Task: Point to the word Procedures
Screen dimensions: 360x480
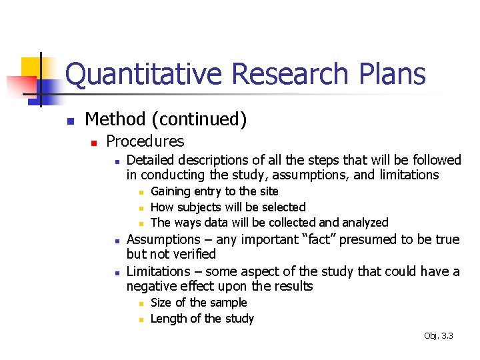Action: click(x=145, y=141)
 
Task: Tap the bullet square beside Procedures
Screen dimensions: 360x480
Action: click(x=94, y=143)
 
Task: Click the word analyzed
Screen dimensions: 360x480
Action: click(x=364, y=223)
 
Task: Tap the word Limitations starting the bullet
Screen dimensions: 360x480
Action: click(x=157, y=271)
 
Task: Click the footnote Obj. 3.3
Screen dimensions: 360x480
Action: click(x=438, y=336)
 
